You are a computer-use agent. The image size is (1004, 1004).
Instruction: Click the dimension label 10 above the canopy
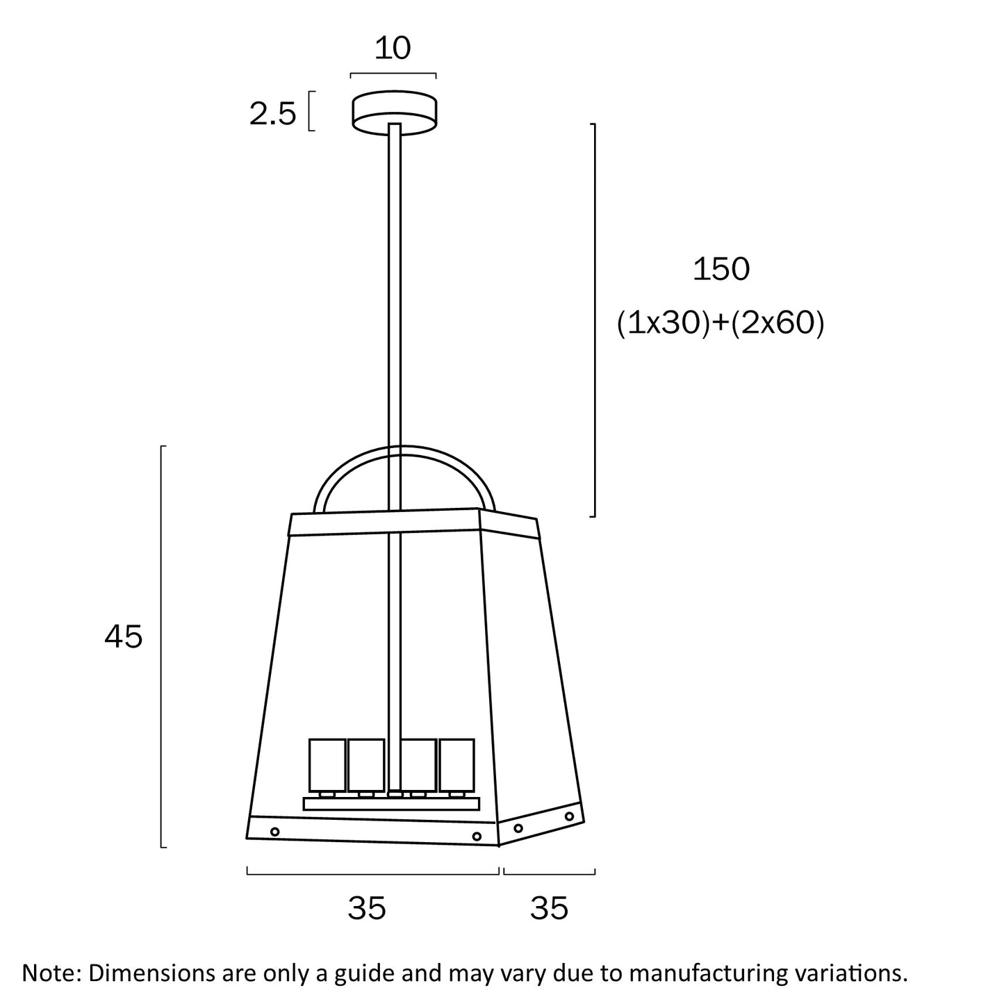click(393, 49)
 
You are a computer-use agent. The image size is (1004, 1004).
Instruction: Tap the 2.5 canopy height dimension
click(272, 114)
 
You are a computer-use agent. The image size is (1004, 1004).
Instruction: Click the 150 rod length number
click(721, 269)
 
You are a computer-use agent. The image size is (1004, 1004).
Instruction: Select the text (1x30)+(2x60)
click(721, 323)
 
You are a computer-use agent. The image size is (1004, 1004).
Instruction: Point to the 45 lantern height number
click(124, 636)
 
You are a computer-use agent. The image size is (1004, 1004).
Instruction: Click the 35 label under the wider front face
click(367, 908)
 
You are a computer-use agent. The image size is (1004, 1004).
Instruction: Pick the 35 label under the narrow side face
click(549, 908)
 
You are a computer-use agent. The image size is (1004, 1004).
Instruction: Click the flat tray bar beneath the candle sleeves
click(391, 804)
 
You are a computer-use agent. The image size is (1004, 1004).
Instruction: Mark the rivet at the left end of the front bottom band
click(274, 831)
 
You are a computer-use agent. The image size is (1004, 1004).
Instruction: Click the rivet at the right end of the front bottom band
click(477, 837)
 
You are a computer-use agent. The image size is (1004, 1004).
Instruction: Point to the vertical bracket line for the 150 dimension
click(595, 320)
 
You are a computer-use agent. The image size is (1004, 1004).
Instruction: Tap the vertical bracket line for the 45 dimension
click(162, 646)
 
